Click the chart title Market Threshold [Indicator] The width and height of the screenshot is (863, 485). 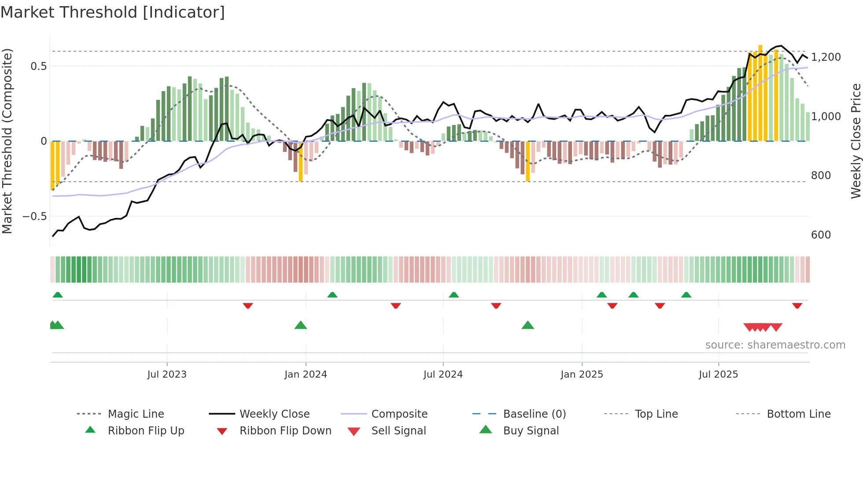(113, 12)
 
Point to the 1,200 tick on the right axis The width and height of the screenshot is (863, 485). (826, 57)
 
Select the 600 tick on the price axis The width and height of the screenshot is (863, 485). (821, 235)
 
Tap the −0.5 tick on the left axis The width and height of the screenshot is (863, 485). (34, 217)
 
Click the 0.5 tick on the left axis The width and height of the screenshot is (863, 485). (38, 66)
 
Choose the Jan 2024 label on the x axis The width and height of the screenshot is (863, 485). (306, 375)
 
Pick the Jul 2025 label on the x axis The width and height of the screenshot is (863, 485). (718, 375)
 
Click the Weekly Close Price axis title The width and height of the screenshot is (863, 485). (856, 141)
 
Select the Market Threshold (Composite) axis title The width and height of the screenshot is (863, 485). (7, 141)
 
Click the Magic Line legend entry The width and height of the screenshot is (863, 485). (136, 414)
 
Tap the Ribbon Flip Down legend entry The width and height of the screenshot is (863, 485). (285, 431)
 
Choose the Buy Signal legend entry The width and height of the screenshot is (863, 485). (531, 431)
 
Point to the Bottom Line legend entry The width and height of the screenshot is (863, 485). (798, 414)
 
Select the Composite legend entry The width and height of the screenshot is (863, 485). (399, 414)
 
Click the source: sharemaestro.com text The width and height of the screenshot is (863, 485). (775, 345)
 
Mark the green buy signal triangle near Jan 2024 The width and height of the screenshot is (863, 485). (300, 326)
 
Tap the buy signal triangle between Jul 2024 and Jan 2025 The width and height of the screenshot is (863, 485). (527, 326)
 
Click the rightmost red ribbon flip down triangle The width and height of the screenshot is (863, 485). (797, 305)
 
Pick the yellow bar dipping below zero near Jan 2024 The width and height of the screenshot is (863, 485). (301, 161)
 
